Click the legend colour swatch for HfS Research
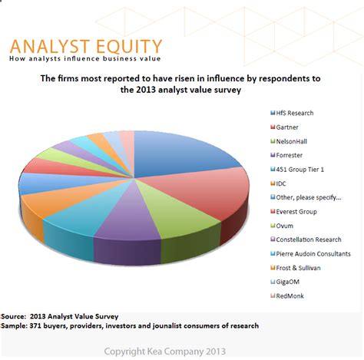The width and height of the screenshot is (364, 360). pyautogui.click(x=273, y=113)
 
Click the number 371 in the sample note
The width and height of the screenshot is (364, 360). pyautogui.click(x=35, y=325)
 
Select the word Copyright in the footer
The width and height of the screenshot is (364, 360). pyautogui.click(x=124, y=352)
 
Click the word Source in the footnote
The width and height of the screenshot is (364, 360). pyautogui.click(x=14, y=316)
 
